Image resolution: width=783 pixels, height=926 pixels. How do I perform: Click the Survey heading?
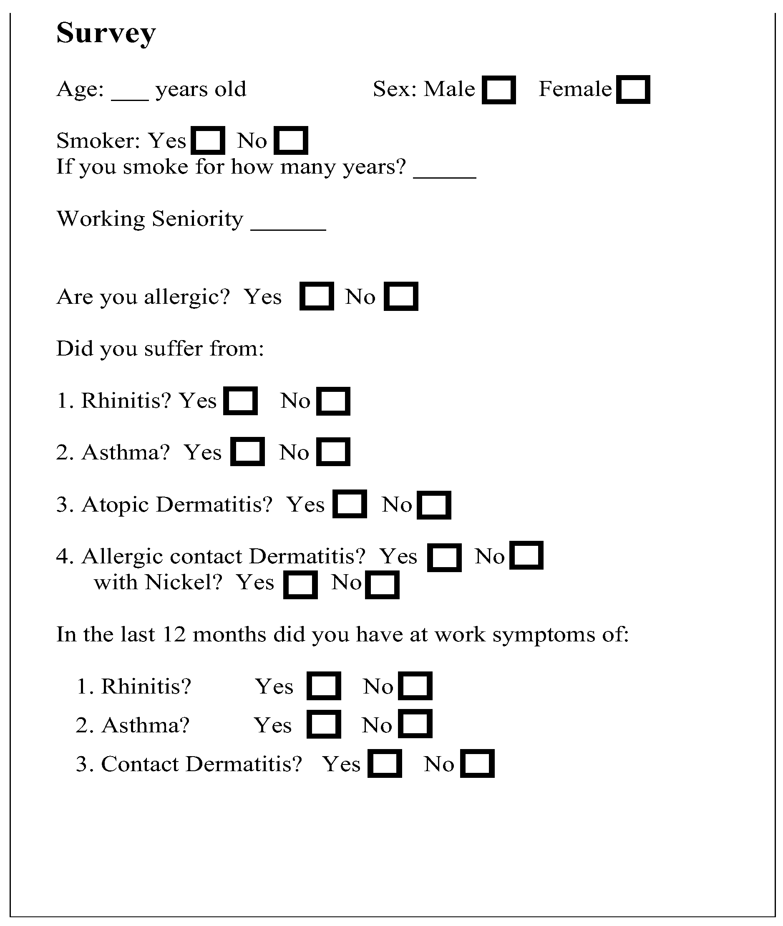click(106, 33)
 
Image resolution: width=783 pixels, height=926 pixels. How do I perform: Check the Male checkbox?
click(499, 90)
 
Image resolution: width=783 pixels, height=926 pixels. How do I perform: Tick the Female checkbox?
click(633, 90)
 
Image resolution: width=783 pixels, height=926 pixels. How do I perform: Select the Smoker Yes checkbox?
click(208, 141)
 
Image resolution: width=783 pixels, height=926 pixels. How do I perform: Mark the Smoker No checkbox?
click(291, 141)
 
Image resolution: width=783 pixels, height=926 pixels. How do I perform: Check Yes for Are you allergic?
click(317, 296)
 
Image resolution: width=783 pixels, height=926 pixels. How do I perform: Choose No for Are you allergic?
click(401, 296)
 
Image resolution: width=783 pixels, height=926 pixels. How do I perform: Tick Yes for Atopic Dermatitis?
click(349, 504)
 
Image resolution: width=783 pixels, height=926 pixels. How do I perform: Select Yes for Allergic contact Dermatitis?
click(444, 557)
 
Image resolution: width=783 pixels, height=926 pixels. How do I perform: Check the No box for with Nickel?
click(382, 585)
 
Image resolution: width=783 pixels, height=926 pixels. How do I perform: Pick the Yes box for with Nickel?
click(300, 585)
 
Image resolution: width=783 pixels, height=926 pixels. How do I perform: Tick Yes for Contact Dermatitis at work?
click(384, 764)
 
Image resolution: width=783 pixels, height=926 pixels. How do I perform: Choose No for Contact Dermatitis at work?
click(477, 764)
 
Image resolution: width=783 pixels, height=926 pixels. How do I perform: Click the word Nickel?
click(183, 583)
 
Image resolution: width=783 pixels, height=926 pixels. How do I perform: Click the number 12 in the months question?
click(174, 634)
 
